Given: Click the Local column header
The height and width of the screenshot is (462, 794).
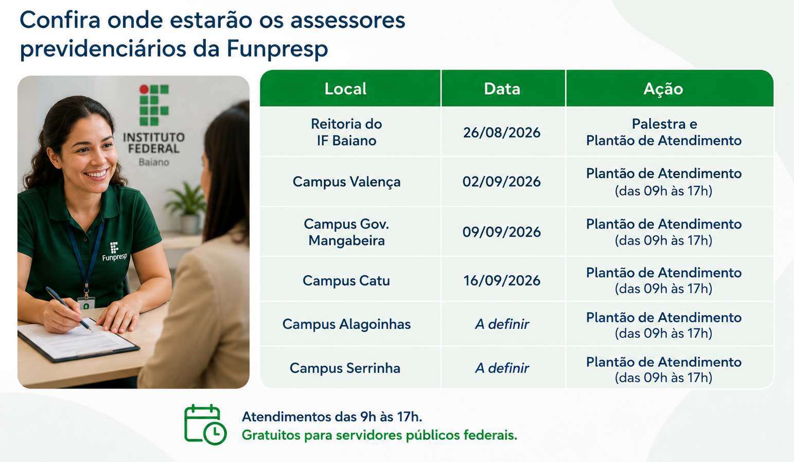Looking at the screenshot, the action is tap(346, 88).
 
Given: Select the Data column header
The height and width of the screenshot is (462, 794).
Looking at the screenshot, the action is tap(502, 88).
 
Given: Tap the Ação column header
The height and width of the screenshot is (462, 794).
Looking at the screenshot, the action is tap(663, 88).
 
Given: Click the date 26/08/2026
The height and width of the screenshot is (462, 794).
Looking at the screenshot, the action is tap(502, 133).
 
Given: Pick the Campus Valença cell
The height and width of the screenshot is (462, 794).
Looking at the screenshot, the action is tap(346, 182).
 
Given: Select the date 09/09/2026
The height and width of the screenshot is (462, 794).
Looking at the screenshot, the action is tap(502, 232).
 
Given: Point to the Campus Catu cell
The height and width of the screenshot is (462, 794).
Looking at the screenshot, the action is tap(346, 280).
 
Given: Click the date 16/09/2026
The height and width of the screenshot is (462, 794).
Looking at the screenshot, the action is tap(502, 280).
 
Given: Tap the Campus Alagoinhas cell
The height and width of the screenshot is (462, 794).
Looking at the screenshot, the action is tap(346, 324).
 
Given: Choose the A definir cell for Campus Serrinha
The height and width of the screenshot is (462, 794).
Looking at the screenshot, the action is tap(502, 368).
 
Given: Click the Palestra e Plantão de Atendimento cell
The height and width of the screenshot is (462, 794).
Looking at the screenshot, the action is tap(664, 132).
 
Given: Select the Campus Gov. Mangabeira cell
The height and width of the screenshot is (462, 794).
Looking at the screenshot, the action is tap(346, 232).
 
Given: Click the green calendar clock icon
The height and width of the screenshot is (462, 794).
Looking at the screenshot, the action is tap(205, 424).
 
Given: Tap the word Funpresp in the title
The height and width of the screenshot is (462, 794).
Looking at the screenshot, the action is tap(277, 49).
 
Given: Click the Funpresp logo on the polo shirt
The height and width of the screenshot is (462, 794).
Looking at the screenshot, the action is tap(114, 252).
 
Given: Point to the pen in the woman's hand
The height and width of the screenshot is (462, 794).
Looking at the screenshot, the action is tap(69, 309).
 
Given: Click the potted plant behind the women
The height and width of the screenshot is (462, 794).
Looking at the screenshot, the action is tap(187, 207).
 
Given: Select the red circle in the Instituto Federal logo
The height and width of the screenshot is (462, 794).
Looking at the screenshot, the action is tap(144, 90).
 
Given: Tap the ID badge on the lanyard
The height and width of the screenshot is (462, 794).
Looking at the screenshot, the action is tap(86, 303).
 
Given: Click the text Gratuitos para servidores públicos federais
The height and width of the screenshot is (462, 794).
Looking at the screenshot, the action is tap(379, 435).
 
